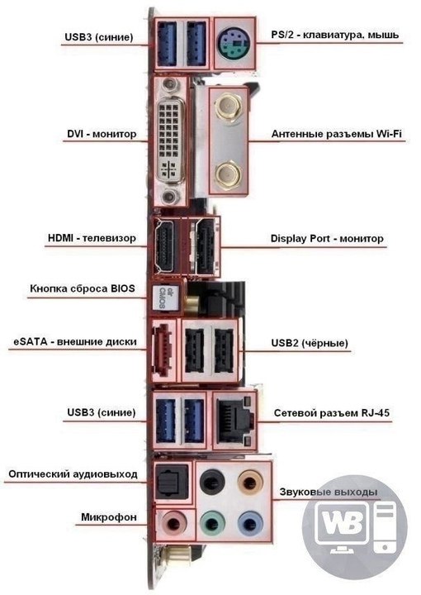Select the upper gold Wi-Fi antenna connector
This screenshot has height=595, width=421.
click(x=228, y=107)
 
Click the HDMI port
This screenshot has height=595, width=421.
click(x=164, y=246)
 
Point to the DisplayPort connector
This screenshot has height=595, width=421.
click(x=206, y=247)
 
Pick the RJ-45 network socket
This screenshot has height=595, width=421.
click(x=234, y=420)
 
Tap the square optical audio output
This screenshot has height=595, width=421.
click(x=173, y=483)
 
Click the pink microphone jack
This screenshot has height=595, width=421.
click(x=174, y=524)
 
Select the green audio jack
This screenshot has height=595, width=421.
click(x=212, y=525)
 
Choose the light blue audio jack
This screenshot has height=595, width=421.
click(x=250, y=525)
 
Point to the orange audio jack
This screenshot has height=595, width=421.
click(x=250, y=483)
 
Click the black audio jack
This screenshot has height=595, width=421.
click(x=212, y=483)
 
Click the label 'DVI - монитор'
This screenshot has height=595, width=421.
click(x=102, y=134)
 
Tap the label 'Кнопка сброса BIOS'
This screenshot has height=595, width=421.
click(x=83, y=288)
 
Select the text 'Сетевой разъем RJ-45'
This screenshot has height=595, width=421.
click(x=332, y=413)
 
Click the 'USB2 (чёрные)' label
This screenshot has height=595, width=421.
click(x=310, y=343)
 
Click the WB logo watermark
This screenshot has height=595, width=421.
click(x=355, y=527)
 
